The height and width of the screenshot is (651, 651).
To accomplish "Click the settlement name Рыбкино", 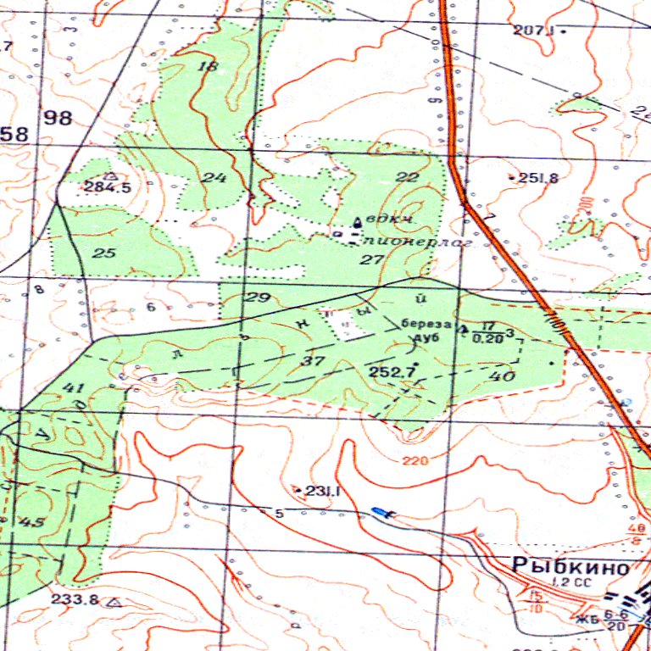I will coord(571,566).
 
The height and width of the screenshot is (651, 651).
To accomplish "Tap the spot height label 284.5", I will coord(108,187).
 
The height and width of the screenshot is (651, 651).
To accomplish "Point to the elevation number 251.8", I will coord(538,178).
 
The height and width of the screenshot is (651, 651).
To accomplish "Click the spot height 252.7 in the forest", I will coord(392,371).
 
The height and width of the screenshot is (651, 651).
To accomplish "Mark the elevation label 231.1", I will coord(322,491).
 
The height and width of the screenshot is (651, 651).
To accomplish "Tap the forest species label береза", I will coord(422,324).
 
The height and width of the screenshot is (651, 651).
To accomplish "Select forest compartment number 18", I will coord(206,66).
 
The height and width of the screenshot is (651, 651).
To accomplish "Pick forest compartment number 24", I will coord(214,177).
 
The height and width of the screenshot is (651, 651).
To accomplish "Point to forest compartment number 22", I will coord(407,177).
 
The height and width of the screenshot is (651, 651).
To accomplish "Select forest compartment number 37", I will coord(315,361).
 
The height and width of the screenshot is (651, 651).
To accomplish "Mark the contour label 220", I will coord(415,461).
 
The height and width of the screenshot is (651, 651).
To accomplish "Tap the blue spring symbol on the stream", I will coord(382,511).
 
